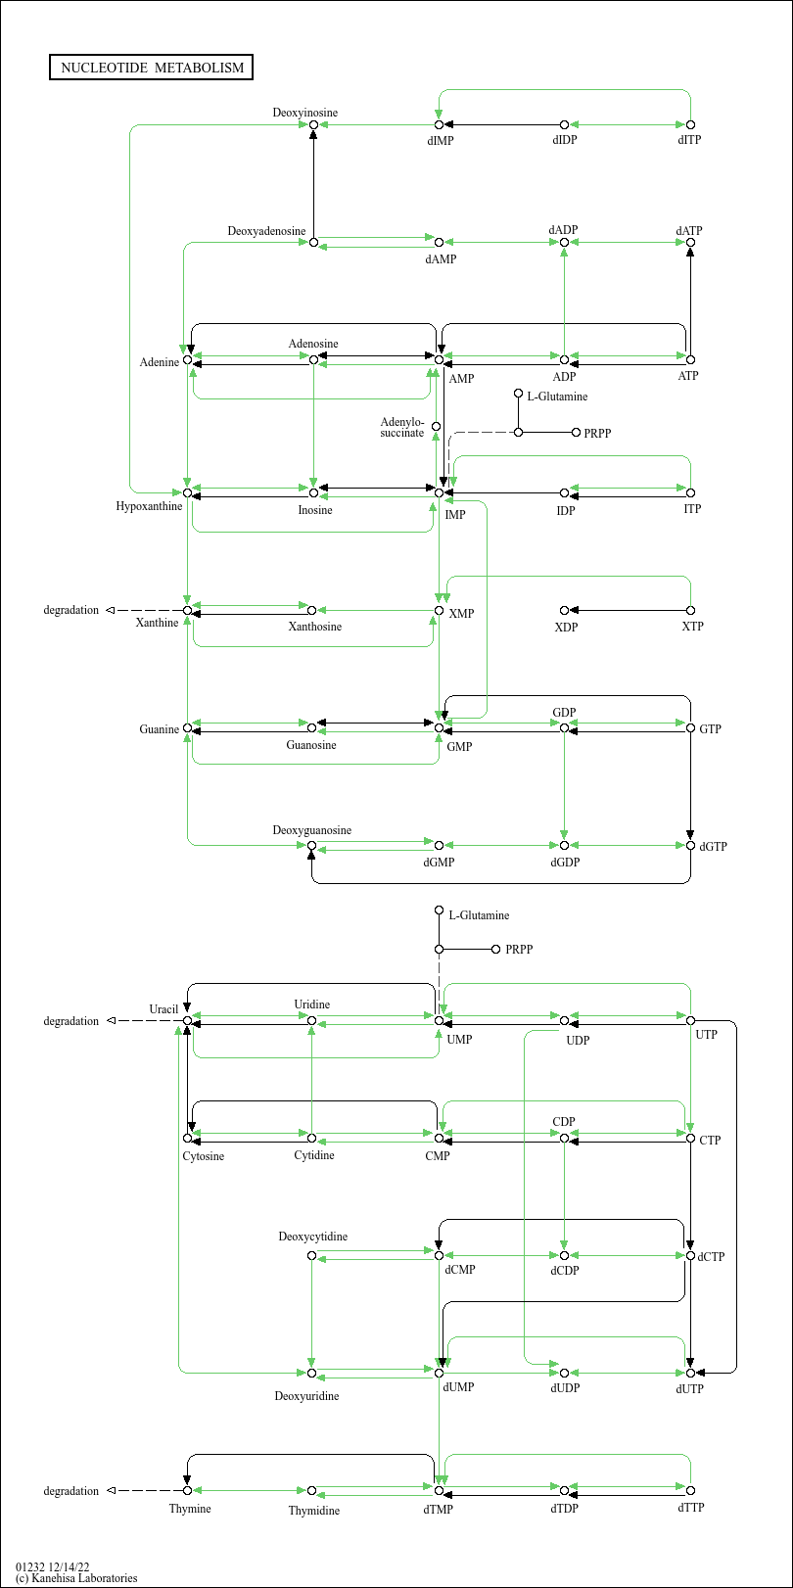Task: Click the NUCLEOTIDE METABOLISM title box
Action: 151,68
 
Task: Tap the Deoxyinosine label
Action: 304,113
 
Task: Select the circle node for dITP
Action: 690,124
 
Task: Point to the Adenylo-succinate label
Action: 401,428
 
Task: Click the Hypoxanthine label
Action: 149,506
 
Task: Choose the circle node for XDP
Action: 564,610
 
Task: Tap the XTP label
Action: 692,626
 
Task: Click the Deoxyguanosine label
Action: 311,830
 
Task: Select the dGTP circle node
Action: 690,845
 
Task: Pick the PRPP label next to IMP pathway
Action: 596,433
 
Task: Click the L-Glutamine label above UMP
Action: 479,915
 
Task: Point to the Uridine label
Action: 311,1004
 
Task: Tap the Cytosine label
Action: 204,1156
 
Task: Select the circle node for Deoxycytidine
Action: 311,1255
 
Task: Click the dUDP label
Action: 565,1388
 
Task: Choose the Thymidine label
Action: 314,1511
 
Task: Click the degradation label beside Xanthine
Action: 70,610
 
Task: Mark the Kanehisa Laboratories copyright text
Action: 76,1578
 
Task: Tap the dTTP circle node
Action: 690,1490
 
